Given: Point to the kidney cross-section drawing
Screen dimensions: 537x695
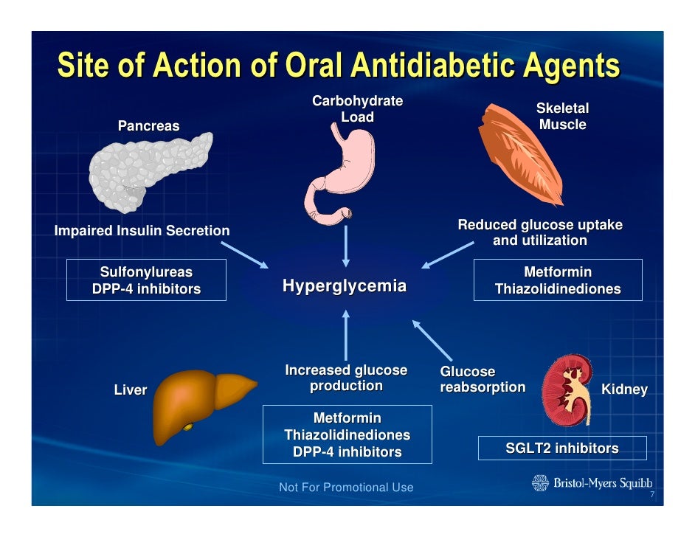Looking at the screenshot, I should [x=566, y=387].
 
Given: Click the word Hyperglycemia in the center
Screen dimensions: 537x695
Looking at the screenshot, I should [x=345, y=286].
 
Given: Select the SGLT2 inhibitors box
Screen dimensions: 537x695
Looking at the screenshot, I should [x=561, y=448].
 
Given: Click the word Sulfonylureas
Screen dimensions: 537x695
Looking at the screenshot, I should [x=146, y=273].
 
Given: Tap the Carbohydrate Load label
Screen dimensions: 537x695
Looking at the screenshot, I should [x=357, y=109].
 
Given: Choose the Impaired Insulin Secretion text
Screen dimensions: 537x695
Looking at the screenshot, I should [x=142, y=231].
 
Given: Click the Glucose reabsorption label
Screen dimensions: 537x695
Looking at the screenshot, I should [x=482, y=379].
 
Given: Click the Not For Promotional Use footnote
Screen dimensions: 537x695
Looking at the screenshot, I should [x=346, y=488].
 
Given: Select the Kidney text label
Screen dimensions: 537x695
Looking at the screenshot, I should [x=624, y=389].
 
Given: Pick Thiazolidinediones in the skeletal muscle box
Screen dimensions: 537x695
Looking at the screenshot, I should [x=557, y=289].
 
